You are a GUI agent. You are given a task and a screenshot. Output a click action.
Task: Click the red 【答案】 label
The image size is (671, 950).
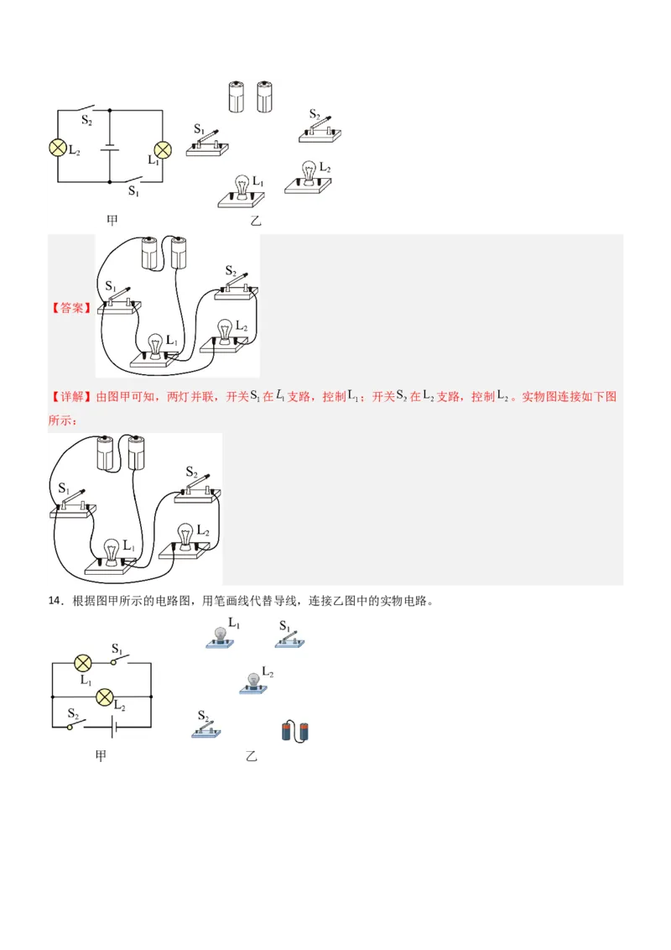click(x=70, y=308)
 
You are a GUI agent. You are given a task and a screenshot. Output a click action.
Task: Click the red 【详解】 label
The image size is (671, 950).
click(x=70, y=396)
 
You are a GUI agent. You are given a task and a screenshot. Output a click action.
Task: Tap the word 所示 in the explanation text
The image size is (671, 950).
click(x=59, y=420)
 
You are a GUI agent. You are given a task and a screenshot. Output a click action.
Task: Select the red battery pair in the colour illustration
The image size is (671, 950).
click(x=295, y=731)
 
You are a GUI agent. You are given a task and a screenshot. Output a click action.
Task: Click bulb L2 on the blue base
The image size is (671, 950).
click(x=253, y=682)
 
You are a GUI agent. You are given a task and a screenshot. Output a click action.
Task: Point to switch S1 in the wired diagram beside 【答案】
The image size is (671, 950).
click(x=118, y=301)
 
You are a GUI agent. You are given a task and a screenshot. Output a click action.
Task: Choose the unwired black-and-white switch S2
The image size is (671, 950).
click(x=322, y=128)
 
